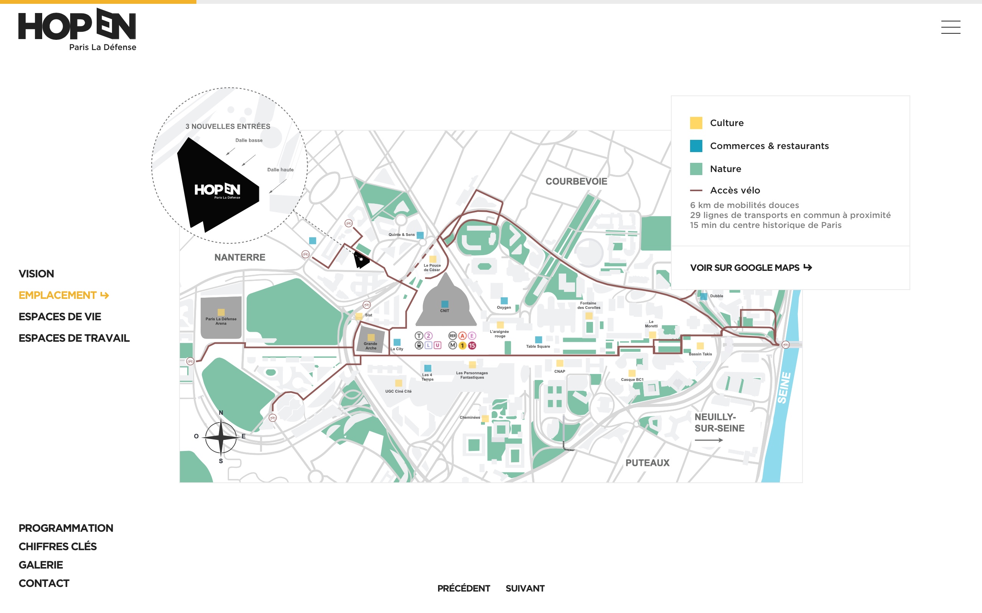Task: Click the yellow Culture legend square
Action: pyautogui.click(x=696, y=123)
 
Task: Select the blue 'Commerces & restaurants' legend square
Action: pyautogui.click(x=696, y=146)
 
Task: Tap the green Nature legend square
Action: pyautogui.click(x=696, y=169)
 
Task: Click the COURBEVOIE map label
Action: pyautogui.click(x=576, y=181)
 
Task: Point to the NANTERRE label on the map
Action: pyautogui.click(x=240, y=257)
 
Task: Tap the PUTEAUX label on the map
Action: pyautogui.click(x=647, y=462)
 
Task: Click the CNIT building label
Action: pyautogui.click(x=445, y=311)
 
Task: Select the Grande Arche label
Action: pyautogui.click(x=371, y=346)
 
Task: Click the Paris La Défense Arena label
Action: pyautogui.click(x=221, y=321)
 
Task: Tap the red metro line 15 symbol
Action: pyautogui.click(x=472, y=346)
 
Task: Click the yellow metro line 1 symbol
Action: pyautogui.click(x=462, y=346)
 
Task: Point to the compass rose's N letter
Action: pyautogui.click(x=221, y=413)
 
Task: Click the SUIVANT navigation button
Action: pyautogui.click(x=525, y=588)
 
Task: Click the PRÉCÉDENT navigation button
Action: pyautogui.click(x=463, y=588)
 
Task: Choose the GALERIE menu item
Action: pyautogui.click(x=41, y=565)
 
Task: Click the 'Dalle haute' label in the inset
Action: pyautogui.click(x=280, y=170)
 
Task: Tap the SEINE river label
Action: pyautogui.click(x=784, y=388)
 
